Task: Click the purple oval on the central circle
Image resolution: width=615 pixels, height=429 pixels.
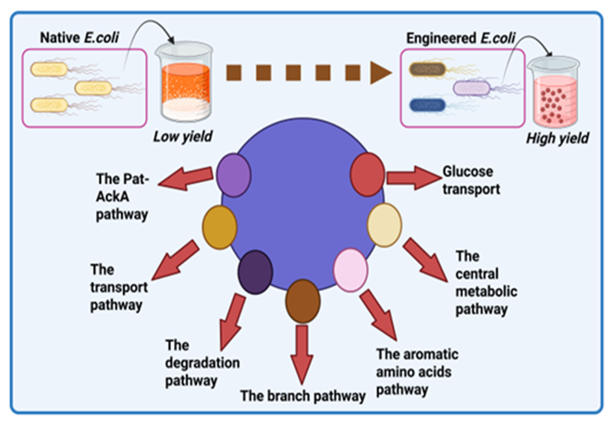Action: tap(236, 176)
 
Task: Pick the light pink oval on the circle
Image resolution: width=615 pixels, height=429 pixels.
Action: tap(351, 269)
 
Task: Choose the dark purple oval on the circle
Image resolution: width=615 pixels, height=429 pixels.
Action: tap(254, 272)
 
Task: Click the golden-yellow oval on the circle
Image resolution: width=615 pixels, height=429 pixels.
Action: tap(220, 226)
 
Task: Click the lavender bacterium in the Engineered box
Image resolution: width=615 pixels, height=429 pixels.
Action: tap(476, 88)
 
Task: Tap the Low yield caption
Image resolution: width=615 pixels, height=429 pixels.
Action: tap(181, 137)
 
